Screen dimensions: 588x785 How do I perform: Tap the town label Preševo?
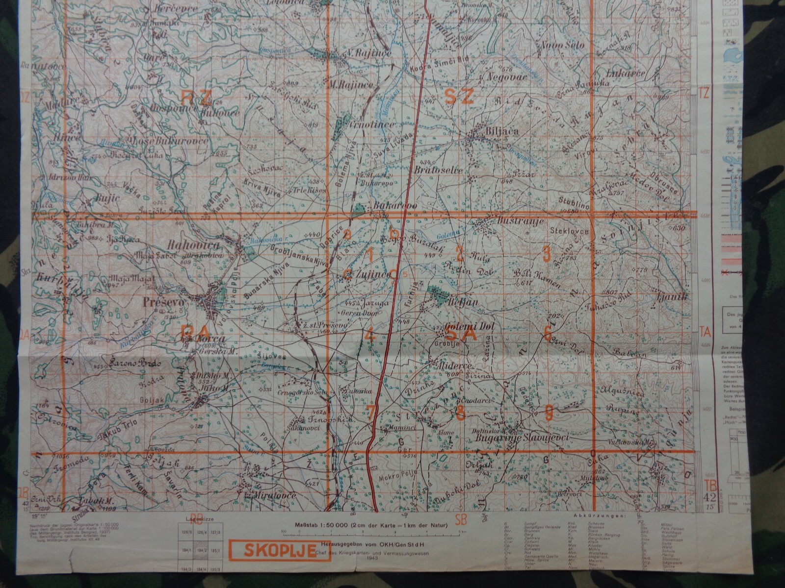point(164,302)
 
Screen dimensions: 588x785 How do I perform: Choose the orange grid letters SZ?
point(459,97)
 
